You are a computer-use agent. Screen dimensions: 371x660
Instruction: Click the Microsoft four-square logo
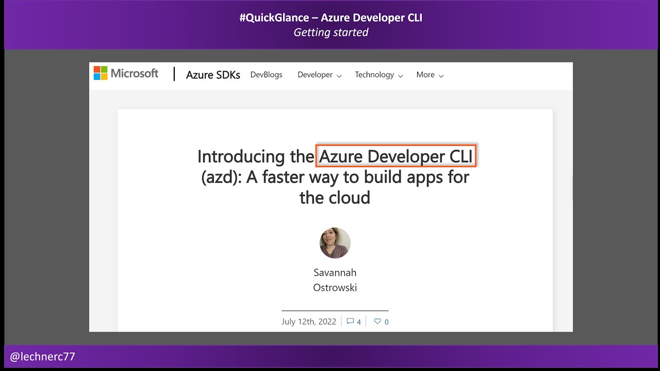100,73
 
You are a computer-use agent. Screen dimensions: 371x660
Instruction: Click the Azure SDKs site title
213,75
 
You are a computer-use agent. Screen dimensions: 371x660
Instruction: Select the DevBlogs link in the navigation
266,75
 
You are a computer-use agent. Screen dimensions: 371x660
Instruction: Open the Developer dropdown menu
319,75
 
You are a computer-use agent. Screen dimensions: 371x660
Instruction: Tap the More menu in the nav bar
430,75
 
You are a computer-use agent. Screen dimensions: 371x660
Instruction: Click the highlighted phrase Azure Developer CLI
395,156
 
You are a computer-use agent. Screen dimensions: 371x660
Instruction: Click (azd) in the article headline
221,177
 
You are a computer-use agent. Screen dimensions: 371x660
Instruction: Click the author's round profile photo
335,243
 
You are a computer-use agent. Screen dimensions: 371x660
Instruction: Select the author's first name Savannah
335,272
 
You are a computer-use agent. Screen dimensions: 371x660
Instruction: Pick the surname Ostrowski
335,288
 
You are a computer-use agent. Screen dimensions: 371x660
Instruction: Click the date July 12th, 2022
308,322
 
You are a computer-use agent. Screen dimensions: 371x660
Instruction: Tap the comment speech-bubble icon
350,322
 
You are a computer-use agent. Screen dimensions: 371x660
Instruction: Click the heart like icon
377,322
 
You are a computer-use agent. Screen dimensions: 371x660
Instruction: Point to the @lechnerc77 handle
42,357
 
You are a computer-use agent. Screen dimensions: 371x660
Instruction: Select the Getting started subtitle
331,32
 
